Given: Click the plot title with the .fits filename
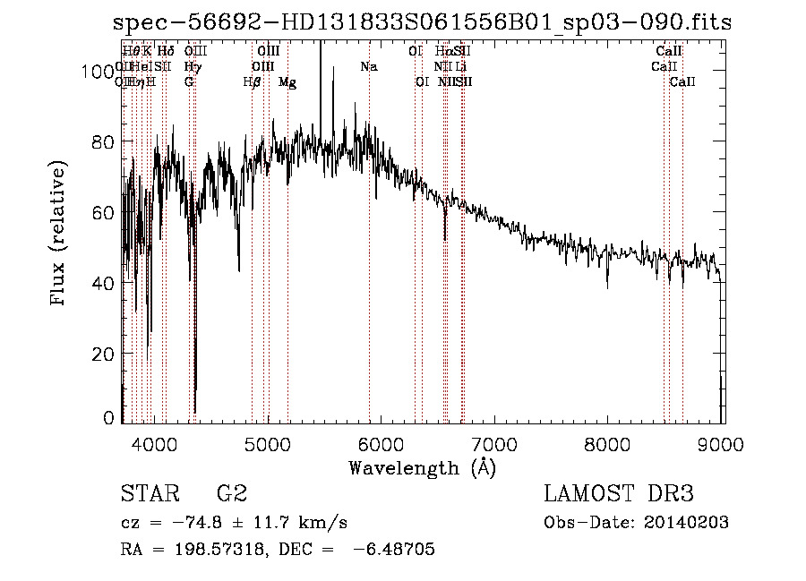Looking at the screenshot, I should point(422,23).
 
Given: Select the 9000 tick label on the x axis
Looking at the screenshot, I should point(723,445).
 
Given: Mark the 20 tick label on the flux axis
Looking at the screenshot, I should point(105,354).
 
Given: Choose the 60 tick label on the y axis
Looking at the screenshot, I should point(105,212).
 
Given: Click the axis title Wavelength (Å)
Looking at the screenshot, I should point(422,467).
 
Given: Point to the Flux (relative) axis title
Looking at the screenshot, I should point(60,235).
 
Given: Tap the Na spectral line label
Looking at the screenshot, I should point(368,66).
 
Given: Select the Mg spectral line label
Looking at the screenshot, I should point(287,81).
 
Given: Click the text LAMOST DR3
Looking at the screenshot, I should point(619,494).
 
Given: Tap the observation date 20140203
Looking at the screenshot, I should point(686,522).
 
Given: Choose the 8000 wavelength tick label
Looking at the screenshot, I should point(609,445).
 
